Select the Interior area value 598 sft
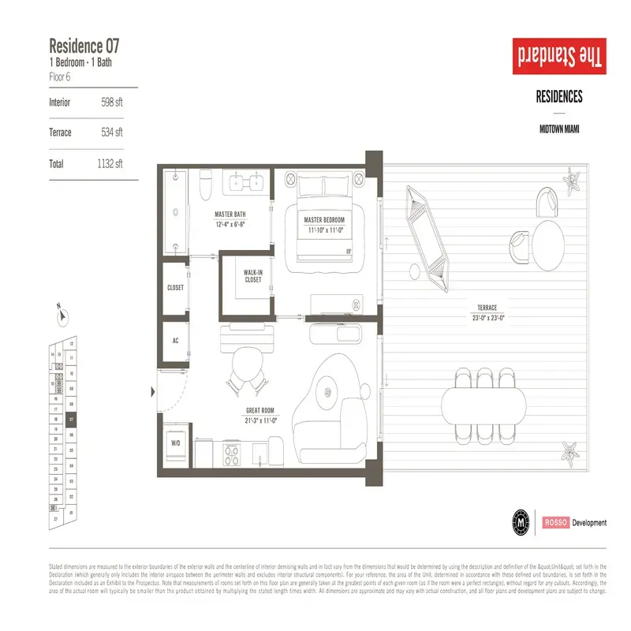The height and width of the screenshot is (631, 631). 112,103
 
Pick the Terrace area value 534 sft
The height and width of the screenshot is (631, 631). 112,133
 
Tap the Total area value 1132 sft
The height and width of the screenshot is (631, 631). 109,163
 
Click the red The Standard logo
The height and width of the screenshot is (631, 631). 559,58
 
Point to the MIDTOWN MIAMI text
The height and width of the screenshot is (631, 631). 559,129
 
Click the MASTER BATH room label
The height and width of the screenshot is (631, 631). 230,214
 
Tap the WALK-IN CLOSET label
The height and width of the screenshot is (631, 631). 252,276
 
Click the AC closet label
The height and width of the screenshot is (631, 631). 175,342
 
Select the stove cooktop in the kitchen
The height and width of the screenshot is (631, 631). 233,454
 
